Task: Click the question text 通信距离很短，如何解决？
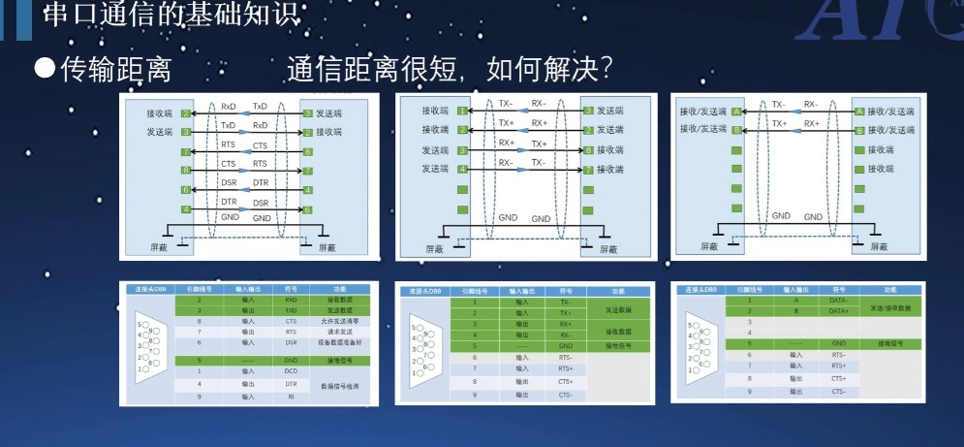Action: pyautogui.click(x=450, y=69)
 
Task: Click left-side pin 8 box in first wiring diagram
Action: pyautogui.click(x=185, y=171)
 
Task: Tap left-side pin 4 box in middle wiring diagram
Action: pyautogui.click(x=463, y=170)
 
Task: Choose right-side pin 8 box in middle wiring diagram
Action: pyautogui.click(x=588, y=150)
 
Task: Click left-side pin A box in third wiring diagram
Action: pyautogui.click(x=736, y=112)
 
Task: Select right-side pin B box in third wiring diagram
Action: pyautogui.click(x=858, y=129)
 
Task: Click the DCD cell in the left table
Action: pyautogui.click(x=290, y=371)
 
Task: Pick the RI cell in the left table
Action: pyautogui.click(x=290, y=397)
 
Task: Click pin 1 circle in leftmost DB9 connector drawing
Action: pyautogui.click(x=142, y=369)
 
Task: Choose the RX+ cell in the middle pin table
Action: pyautogui.click(x=563, y=323)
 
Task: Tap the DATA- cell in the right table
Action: pyautogui.click(x=839, y=301)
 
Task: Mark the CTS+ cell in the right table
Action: pyautogui.click(x=839, y=378)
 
